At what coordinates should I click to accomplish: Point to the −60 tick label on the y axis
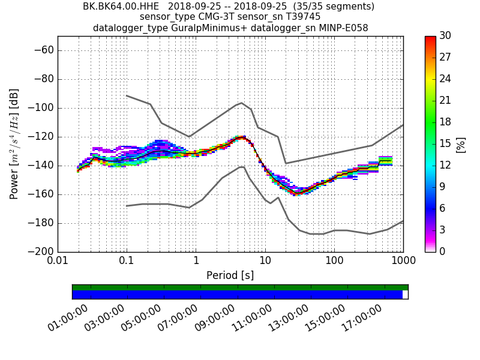pyautogui.click(x=43, y=50)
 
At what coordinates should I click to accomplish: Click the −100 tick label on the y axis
pyautogui.click(x=40, y=108)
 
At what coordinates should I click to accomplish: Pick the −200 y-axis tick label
pyautogui.click(x=40, y=251)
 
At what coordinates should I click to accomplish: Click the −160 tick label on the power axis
pyautogui.click(x=40, y=194)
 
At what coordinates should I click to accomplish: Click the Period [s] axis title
pyautogui.click(x=230, y=275)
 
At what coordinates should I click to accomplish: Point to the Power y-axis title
pyautogui.click(x=14, y=144)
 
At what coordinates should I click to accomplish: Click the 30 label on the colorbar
pyautogui.click(x=445, y=36)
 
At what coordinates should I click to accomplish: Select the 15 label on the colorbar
pyautogui.click(x=445, y=143)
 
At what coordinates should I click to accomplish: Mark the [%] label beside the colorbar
pyautogui.click(x=461, y=144)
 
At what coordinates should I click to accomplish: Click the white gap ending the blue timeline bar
pyautogui.click(x=405, y=295)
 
